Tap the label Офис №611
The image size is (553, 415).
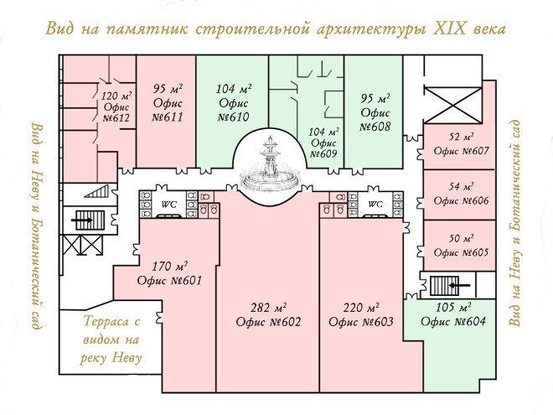(168, 110)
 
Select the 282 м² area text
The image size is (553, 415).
(268, 308)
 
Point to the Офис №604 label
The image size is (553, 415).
(453, 321)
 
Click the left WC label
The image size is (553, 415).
(169, 205)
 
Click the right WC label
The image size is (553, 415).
(375, 204)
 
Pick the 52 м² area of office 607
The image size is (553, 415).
(462, 137)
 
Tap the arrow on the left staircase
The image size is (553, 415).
(81, 220)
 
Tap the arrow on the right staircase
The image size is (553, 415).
(459, 285)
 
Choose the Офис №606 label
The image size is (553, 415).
(462, 201)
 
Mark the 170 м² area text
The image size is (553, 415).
(169, 266)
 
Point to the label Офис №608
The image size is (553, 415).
(375, 120)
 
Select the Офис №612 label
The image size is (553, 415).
(116, 112)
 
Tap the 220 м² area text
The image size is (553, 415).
(361, 308)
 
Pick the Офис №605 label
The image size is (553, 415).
(462, 252)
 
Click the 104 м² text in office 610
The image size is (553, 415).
(234, 88)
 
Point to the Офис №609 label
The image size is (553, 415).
(323, 148)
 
